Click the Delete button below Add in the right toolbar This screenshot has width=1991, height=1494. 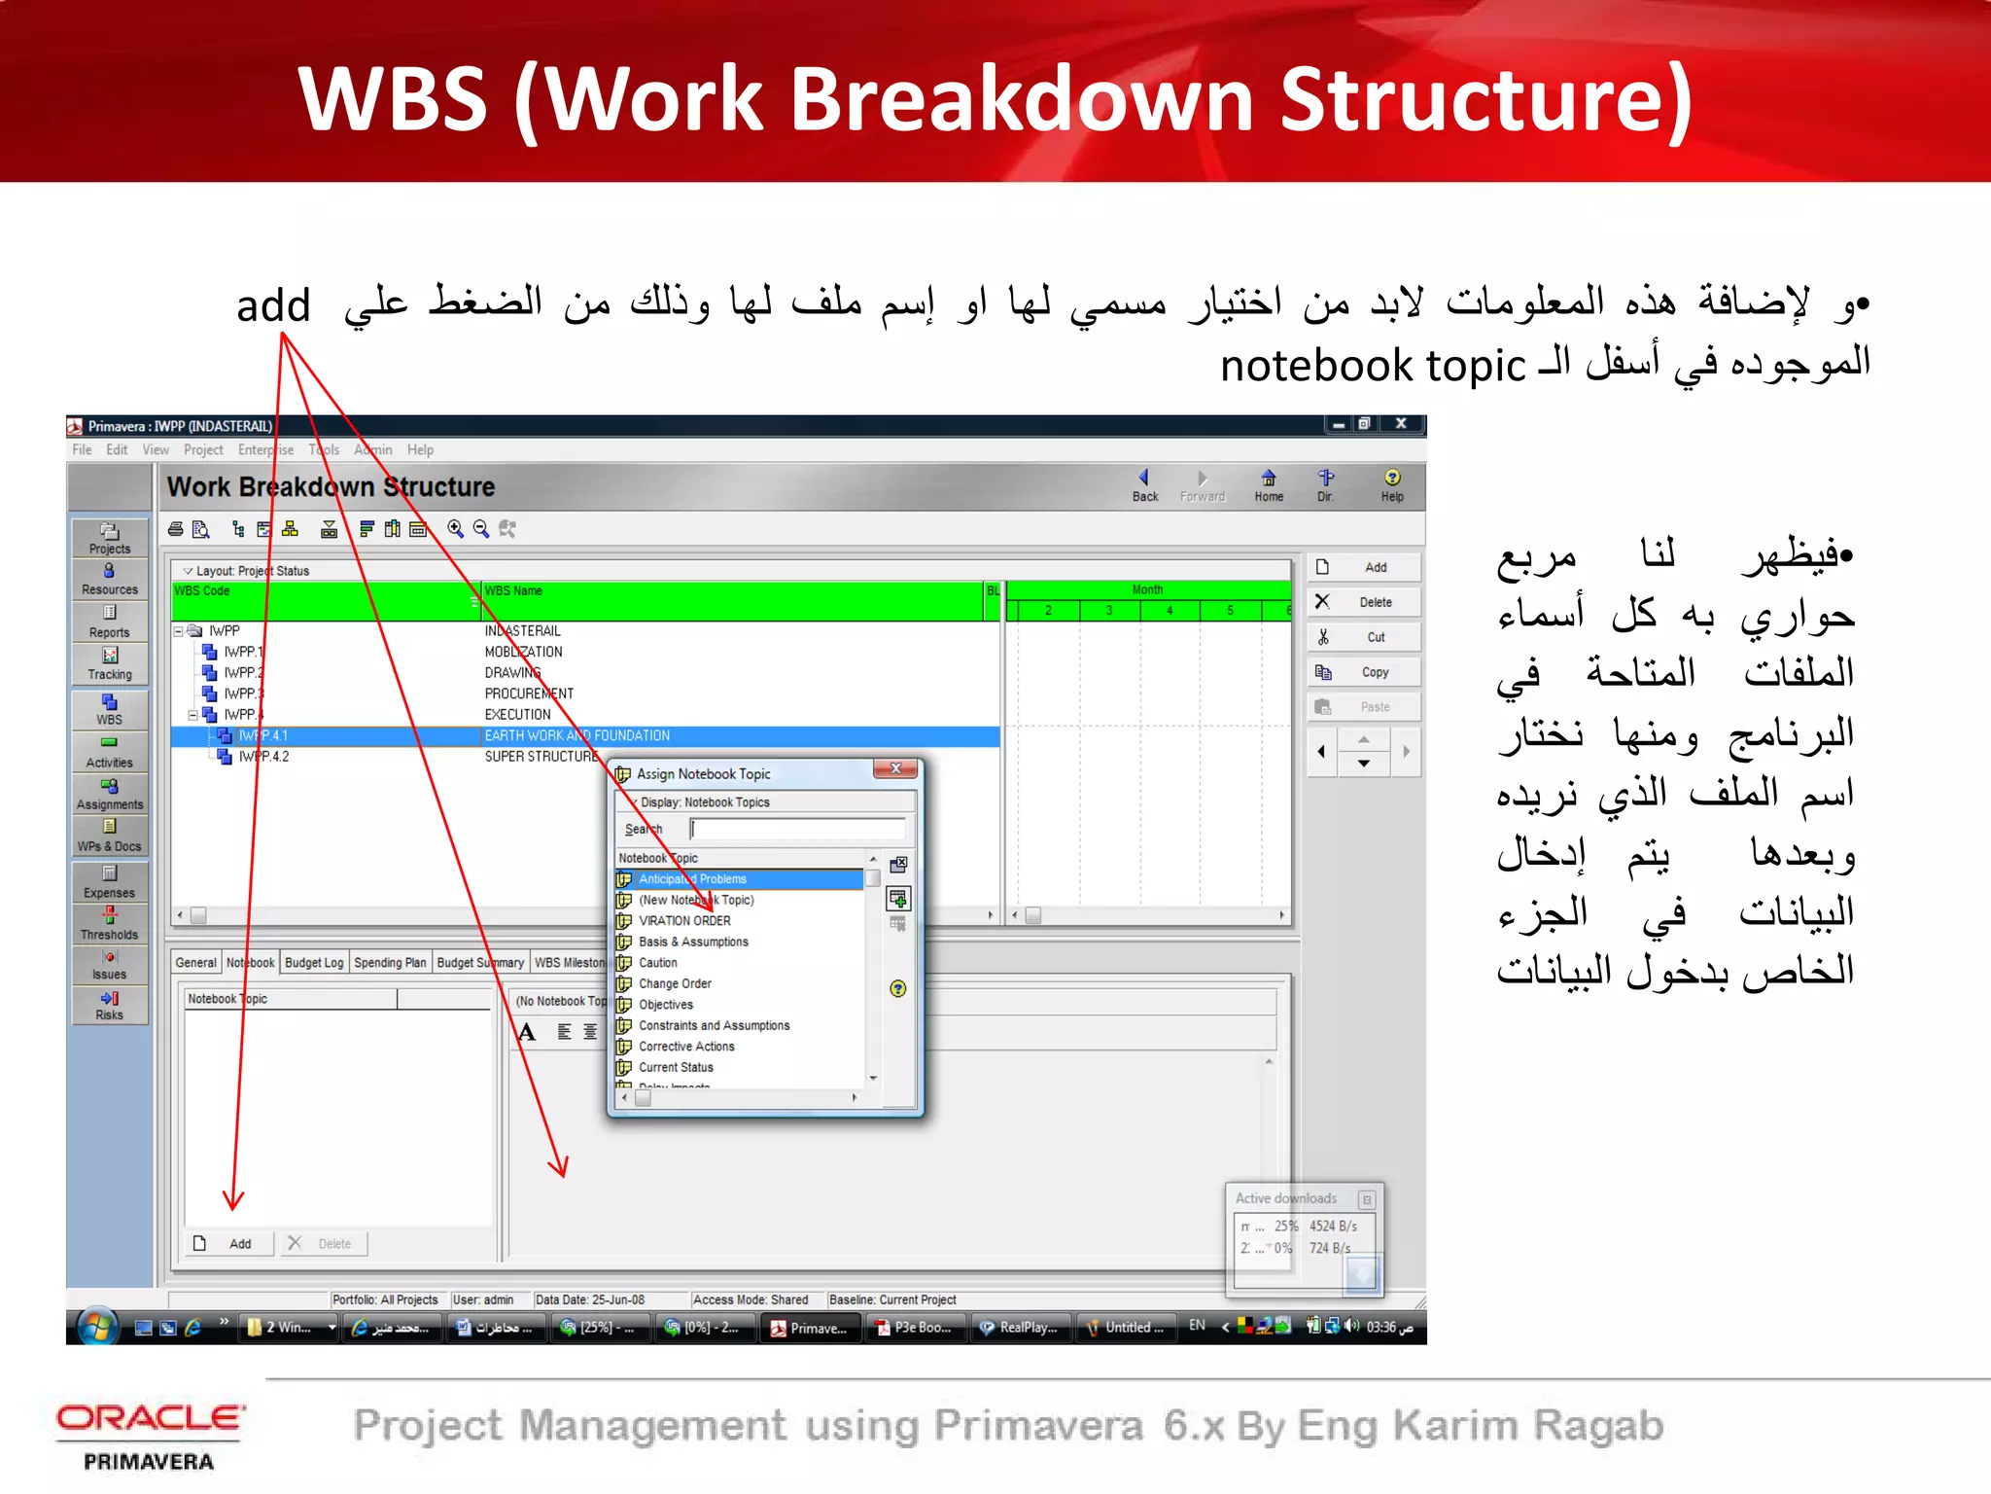tap(1364, 602)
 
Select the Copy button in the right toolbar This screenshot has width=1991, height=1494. tap(1364, 672)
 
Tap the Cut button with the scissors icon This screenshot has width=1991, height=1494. tap(1364, 637)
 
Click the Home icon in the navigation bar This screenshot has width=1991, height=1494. tap(1268, 484)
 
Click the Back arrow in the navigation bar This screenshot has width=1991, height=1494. tap(1144, 484)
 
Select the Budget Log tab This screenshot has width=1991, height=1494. tap(313, 962)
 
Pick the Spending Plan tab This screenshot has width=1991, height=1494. tap(389, 962)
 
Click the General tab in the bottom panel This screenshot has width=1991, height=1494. tap(195, 962)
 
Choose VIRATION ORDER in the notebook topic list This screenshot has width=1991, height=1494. tap(684, 920)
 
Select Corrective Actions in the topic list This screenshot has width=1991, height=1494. tap(686, 1047)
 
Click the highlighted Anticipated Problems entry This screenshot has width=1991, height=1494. tap(692, 879)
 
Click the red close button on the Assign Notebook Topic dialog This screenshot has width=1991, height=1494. tap(895, 768)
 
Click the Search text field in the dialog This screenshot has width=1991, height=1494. tap(797, 829)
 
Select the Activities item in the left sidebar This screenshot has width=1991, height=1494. tap(109, 752)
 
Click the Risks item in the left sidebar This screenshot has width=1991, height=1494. tap(109, 1005)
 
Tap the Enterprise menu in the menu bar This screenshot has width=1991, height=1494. tap(265, 449)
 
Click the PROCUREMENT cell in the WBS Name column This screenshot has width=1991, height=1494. tap(529, 694)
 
